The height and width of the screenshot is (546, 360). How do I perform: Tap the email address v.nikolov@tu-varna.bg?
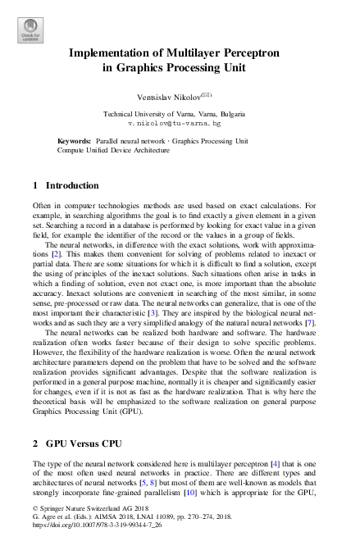(180, 123)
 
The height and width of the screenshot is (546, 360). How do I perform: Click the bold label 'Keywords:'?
(75, 141)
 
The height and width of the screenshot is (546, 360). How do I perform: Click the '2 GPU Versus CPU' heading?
(76, 444)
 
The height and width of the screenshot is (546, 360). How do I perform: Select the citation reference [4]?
(253, 464)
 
